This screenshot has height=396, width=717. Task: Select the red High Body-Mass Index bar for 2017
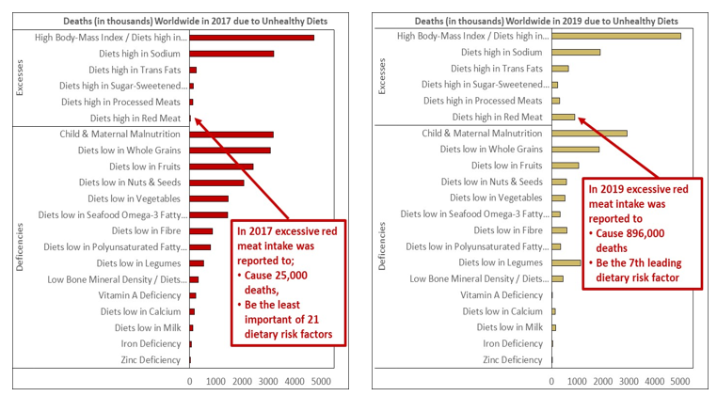click(x=251, y=38)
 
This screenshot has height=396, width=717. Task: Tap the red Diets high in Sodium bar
click(x=231, y=54)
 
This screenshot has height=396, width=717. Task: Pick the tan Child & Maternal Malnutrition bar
click(x=589, y=134)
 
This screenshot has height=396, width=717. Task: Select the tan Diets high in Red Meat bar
click(x=563, y=118)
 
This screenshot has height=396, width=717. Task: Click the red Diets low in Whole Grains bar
click(x=230, y=150)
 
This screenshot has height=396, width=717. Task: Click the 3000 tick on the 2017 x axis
click(x=269, y=382)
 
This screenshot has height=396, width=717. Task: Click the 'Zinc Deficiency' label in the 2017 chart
click(x=147, y=360)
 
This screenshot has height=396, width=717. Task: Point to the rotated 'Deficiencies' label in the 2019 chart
click(x=382, y=246)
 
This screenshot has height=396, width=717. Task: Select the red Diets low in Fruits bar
click(x=221, y=166)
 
